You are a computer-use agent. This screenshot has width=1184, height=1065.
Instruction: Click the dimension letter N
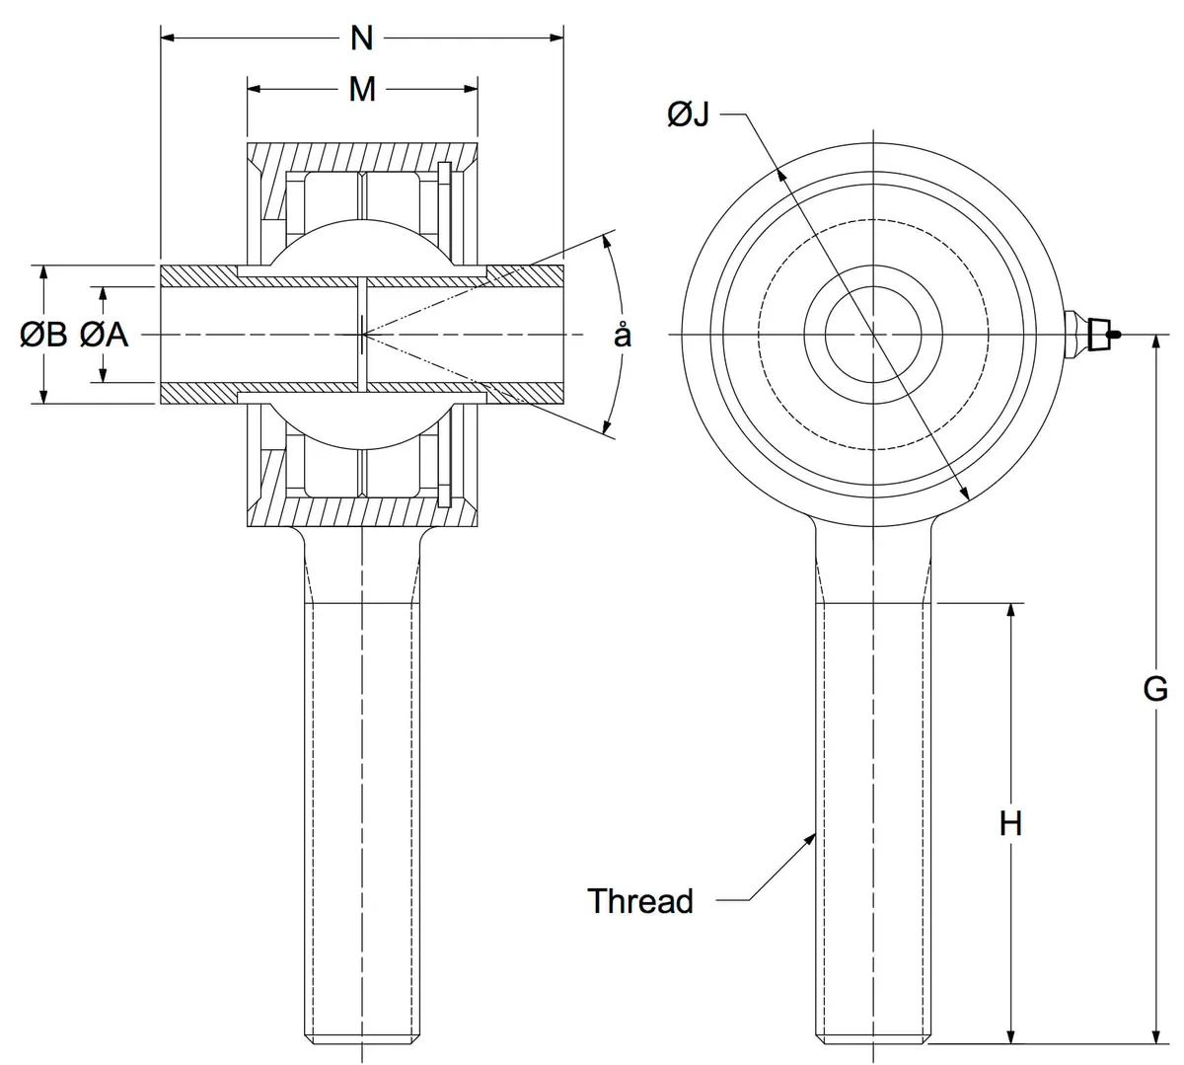[x=362, y=38]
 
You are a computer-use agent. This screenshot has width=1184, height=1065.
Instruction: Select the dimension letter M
[x=362, y=90]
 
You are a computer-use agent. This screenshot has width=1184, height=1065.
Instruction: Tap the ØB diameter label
[x=43, y=335]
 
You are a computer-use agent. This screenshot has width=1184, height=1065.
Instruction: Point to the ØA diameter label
[x=104, y=335]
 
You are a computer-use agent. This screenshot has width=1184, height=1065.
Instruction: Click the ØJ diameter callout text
[x=689, y=114]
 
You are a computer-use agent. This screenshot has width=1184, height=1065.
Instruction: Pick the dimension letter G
[x=1155, y=689]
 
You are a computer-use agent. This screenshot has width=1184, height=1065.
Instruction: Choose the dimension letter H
[x=1010, y=823]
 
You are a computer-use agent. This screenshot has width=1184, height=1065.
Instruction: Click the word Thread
[x=640, y=901]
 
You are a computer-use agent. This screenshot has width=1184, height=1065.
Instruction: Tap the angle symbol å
[x=623, y=335]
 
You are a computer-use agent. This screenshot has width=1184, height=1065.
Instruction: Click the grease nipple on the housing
[x=1092, y=335]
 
